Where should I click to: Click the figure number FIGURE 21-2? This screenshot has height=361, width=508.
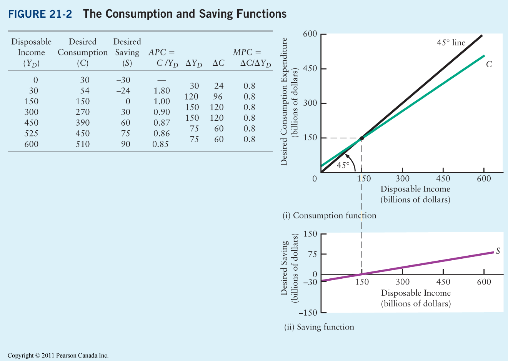coord(40,14)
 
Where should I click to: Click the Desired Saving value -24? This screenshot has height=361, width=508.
coord(123,91)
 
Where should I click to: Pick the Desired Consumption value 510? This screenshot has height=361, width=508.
coord(83,144)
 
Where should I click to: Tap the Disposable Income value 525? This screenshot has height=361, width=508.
coord(31,133)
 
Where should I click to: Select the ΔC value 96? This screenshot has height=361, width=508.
coord(218,96)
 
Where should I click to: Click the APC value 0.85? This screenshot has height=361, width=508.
coord(160,144)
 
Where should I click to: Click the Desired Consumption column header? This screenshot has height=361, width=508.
coord(83,52)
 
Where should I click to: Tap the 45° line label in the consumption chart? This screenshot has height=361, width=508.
coord(451,43)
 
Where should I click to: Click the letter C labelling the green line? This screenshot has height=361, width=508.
coord(489,64)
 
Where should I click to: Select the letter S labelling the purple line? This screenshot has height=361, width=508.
coord(498,251)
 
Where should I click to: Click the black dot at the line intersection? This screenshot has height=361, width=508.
coord(361,138)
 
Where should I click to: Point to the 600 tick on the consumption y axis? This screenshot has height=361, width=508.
coord(310,34)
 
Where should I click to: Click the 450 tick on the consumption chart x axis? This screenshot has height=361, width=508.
coord(443,178)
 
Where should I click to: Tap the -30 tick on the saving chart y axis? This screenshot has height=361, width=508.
coord(310,282)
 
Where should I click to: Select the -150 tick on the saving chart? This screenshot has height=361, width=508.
coord(308,313)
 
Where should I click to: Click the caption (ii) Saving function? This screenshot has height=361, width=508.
coord(319,327)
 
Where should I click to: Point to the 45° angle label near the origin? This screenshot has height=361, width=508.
coord(343,165)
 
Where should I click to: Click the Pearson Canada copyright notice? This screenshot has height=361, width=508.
coord(58,356)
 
